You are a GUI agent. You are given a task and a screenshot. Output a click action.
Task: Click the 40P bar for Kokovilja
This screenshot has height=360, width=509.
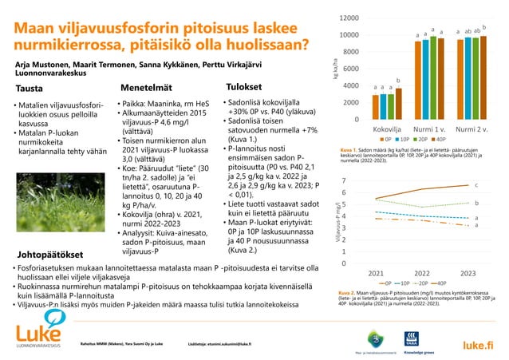point(398,104)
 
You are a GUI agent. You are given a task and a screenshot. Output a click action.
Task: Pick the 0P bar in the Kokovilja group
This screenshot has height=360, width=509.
point(377,108)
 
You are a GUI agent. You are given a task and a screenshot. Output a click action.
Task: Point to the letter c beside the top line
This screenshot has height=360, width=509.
point(476,185)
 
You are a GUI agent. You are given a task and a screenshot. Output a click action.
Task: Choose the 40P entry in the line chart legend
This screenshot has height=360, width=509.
point(452,283)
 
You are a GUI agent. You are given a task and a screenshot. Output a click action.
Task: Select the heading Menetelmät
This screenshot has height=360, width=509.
point(147,86)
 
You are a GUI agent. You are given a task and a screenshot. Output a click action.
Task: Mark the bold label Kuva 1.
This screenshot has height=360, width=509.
point(349,149)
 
